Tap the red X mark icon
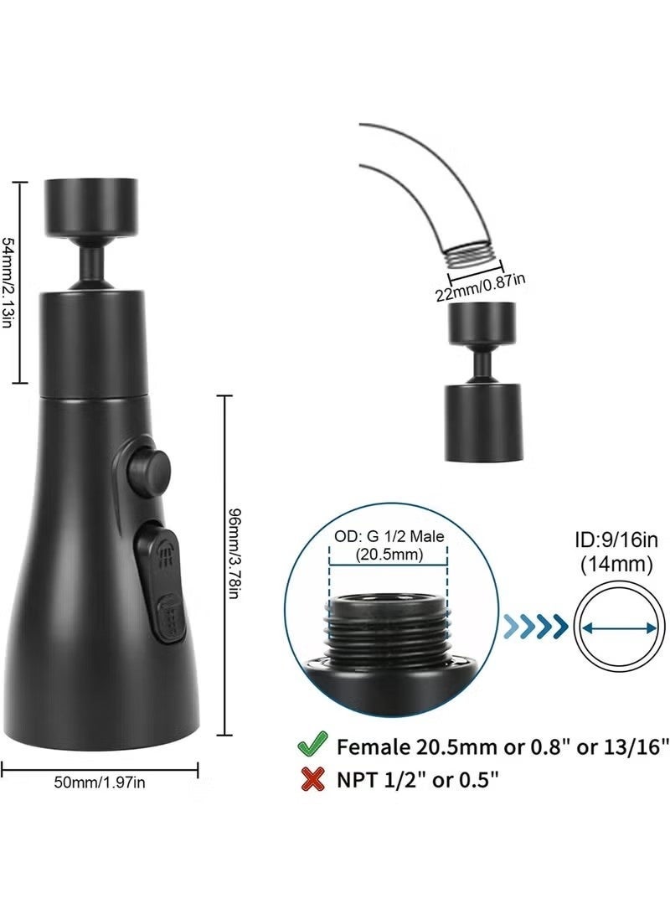(x=312, y=779)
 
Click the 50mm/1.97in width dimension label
(x=100, y=782)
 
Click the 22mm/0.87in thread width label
(x=480, y=287)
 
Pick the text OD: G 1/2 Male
(x=389, y=536)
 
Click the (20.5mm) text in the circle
(x=389, y=555)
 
